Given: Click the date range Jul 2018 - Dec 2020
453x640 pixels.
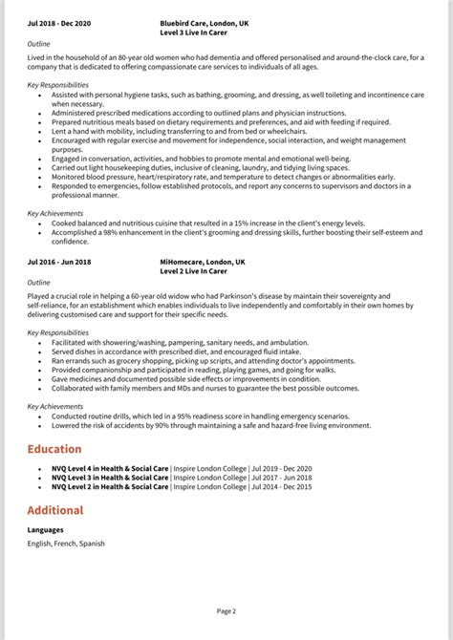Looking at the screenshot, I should click(x=60, y=22).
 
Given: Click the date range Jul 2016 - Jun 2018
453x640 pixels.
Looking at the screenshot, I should click(x=60, y=261).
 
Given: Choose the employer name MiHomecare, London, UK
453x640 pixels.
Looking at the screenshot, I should click(x=203, y=261).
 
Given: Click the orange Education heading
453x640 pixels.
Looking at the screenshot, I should click(x=54, y=449).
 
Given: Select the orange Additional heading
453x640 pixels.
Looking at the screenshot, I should click(x=55, y=510).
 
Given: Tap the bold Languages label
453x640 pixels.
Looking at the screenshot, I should click(x=47, y=530).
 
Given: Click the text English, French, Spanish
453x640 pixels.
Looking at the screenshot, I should click(x=66, y=544).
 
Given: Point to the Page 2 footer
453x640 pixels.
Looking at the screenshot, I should click(x=226, y=610).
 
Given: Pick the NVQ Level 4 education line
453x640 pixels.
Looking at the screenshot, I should click(x=182, y=469).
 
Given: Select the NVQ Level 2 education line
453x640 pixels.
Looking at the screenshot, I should click(x=182, y=487).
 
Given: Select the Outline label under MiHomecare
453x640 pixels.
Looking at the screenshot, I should click(x=39, y=283).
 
